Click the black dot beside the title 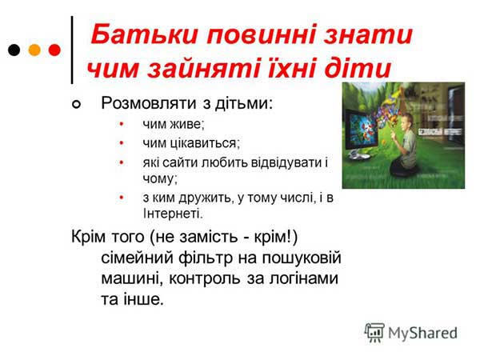tap(14, 50)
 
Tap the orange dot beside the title tap(34, 50)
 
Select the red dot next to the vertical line tap(54, 50)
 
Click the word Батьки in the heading tap(145, 34)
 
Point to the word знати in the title tap(368, 35)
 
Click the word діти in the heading tap(358, 68)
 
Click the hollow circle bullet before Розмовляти tap(76, 105)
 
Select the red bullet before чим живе tap(122, 124)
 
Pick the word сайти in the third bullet tap(180, 162)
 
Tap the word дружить tap(205, 198)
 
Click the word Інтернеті tap(173, 214)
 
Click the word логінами tap(304, 278)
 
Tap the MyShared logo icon tap(374, 332)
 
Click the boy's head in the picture tap(407, 119)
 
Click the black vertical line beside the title tap(72, 50)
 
